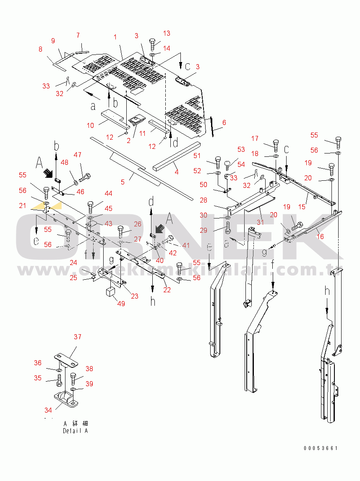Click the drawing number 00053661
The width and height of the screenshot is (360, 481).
(321, 448)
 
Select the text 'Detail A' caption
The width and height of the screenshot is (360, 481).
(76, 431)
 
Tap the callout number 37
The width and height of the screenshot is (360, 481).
(78, 337)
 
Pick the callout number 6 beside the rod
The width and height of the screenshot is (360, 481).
(224, 122)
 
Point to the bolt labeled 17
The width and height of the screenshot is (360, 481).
(276, 146)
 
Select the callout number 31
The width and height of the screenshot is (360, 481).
(261, 222)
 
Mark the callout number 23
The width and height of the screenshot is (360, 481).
(134, 296)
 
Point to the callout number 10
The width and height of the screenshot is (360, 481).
(90, 125)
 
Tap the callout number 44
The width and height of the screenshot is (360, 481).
(109, 193)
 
